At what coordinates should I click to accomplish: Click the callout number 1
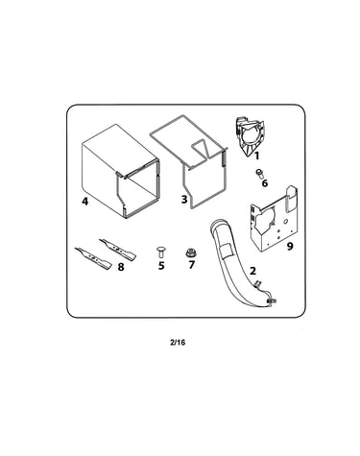256,156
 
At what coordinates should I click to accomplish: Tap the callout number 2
252,271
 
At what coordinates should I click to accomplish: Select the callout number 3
184,200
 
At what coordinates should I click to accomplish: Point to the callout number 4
84,202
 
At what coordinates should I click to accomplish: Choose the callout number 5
161,265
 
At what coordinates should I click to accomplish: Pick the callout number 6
265,183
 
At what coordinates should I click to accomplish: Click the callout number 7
191,265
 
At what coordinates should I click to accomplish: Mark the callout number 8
121,267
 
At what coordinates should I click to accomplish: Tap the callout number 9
290,246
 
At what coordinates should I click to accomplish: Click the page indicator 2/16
178,343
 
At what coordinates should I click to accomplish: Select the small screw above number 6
259,174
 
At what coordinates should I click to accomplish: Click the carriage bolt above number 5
160,252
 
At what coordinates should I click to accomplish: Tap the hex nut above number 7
191,253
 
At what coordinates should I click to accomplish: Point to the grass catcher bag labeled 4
120,171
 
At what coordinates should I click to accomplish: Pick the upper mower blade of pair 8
117,249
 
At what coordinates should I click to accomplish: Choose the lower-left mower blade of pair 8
93,257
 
